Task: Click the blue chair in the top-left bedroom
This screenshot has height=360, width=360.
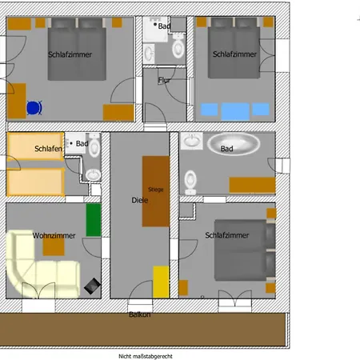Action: pyautogui.click(x=34, y=108)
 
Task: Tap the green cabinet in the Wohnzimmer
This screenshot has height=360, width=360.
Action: pyautogui.click(x=94, y=220)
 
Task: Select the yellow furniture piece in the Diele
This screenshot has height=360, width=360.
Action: pyautogui.click(x=161, y=282)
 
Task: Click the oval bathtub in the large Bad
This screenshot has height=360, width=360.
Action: pyautogui.click(x=234, y=143)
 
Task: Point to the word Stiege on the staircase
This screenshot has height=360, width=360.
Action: pyautogui.click(x=156, y=190)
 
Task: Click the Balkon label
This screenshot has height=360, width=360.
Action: pyautogui.click(x=139, y=314)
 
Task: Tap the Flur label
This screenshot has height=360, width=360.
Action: pyautogui.click(x=164, y=80)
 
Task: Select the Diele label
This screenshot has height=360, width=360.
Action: pyautogui.click(x=140, y=200)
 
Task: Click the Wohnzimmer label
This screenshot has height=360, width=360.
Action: pyautogui.click(x=54, y=236)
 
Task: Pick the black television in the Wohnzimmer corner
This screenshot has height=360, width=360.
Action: pyautogui.click(x=92, y=286)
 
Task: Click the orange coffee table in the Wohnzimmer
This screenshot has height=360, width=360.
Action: pyautogui.click(x=54, y=246)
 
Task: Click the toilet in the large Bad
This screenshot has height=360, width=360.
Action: pyautogui.click(x=190, y=182)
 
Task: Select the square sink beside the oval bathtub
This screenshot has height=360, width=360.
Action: pyautogui.click(x=192, y=141)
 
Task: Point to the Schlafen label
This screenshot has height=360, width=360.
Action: pyautogui.click(x=48, y=149)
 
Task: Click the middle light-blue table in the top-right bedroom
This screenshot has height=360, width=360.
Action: pyautogui.click(x=235, y=111)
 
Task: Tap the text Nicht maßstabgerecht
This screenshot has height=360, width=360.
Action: pyautogui.click(x=146, y=356)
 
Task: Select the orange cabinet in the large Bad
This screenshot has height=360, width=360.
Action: pyautogui.click(x=252, y=185)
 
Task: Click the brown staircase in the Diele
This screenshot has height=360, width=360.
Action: pyautogui.click(x=156, y=191)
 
